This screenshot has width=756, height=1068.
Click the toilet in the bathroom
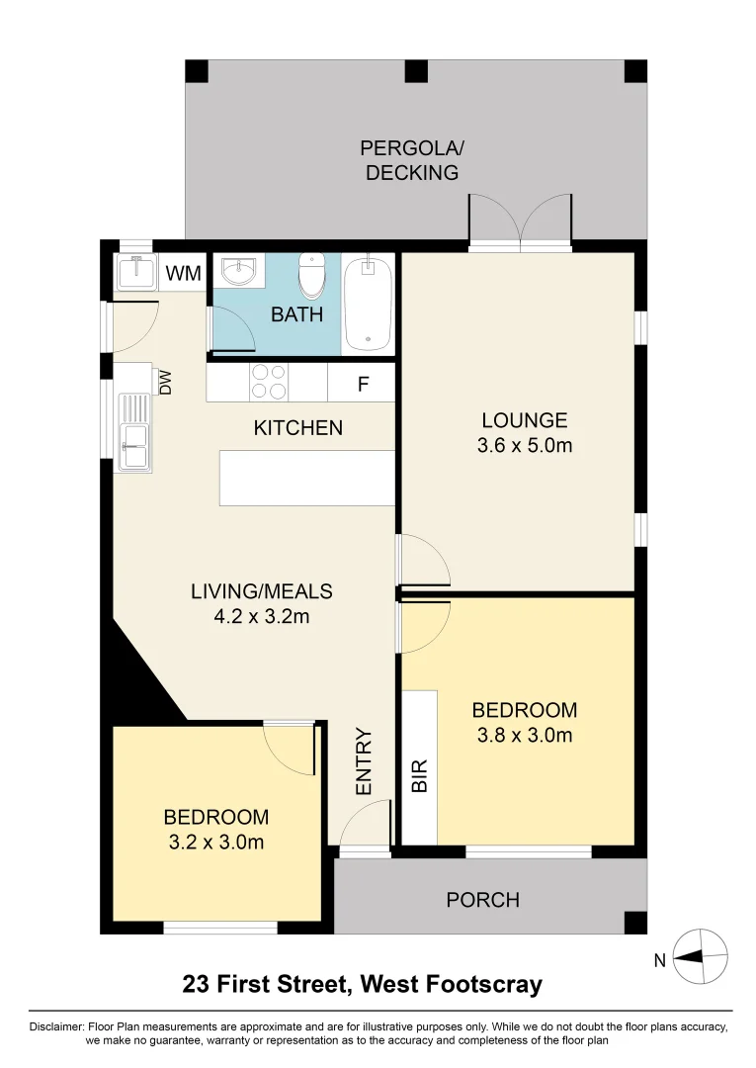coord(312,276)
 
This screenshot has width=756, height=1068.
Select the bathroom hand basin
coord(238,270)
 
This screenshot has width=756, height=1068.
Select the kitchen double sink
coord(133,433)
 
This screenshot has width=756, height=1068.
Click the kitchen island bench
coord(306,478)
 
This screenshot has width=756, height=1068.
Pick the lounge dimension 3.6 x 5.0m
coord(524,445)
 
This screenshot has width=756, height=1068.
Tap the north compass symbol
coord(700,955)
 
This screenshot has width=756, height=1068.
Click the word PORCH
coord(482,900)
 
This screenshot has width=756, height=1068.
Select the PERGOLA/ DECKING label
coord(411,161)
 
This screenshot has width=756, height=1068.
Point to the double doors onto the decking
coord(520,222)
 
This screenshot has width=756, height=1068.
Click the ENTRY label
coord(363,761)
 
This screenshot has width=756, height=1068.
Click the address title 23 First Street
coord(362,985)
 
